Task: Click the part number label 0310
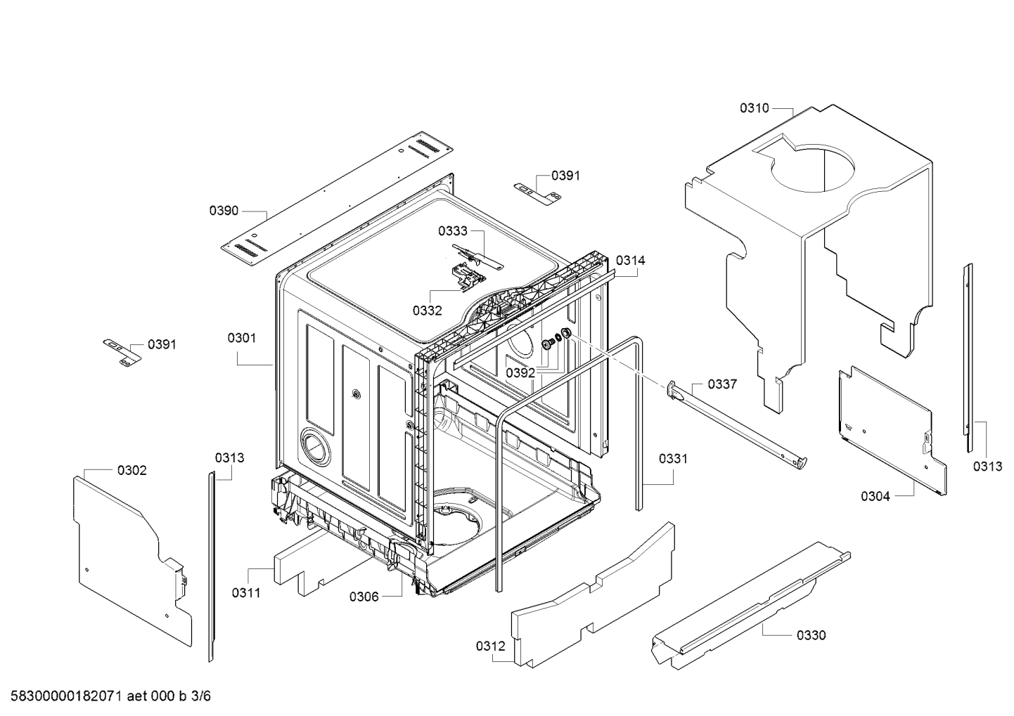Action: coord(754,108)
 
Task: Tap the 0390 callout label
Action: coord(224,210)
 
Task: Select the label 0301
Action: coord(242,338)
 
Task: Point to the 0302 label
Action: coord(132,470)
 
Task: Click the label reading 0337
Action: coord(722,384)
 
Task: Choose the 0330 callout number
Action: coord(811,635)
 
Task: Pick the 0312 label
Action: coord(490,646)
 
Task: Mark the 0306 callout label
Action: coord(364,597)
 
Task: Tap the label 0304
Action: coord(875,496)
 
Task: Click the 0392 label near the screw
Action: coord(520,372)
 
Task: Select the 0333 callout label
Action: coord(453,230)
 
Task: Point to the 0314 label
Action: coord(631,260)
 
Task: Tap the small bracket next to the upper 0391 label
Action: coord(538,191)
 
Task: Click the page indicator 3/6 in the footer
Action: coord(201,696)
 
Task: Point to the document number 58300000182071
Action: coord(66,696)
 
